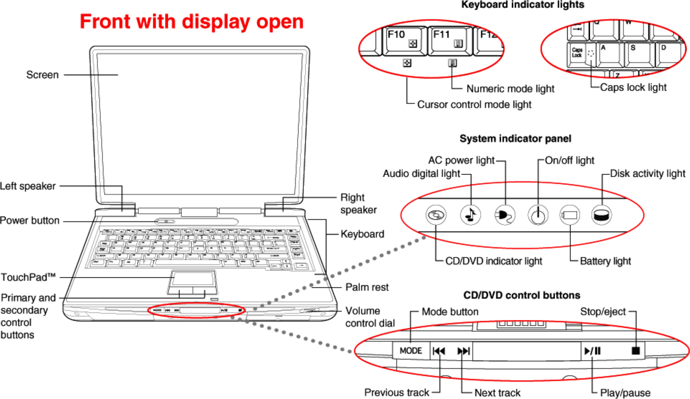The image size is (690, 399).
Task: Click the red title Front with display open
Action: click(191, 22)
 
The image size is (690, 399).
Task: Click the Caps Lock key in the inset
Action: click(577, 53)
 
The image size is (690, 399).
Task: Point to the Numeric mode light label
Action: click(510, 89)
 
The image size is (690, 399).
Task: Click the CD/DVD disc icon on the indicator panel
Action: click(436, 215)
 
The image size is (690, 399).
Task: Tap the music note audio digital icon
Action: click(470, 215)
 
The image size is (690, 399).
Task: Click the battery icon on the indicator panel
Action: click(569, 215)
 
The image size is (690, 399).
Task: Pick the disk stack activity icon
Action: click(602, 215)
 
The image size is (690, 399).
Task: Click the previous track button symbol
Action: click(439, 351)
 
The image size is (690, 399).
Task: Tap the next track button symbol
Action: click(463, 351)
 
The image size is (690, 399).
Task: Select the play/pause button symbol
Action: click(593, 351)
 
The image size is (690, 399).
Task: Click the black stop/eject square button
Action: click(636, 351)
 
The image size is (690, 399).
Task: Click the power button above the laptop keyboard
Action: click(166, 221)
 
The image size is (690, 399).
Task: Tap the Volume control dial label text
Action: click(369, 317)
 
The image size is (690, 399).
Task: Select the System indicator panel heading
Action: click(515, 138)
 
